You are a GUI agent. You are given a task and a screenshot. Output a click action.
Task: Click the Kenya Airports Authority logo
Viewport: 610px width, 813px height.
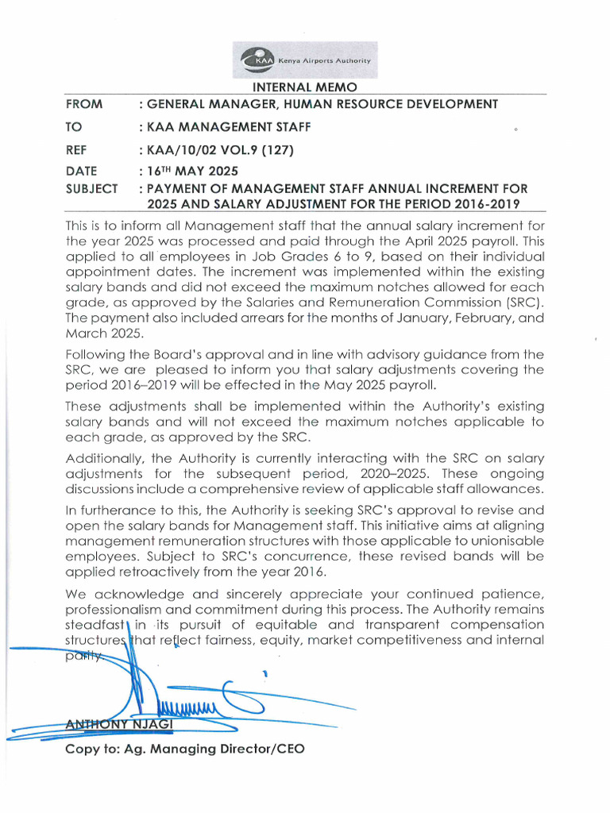pyautogui.click(x=305, y=60)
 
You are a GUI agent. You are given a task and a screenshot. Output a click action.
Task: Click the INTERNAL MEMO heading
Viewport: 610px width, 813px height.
pyautogui.click(x=305, y=87)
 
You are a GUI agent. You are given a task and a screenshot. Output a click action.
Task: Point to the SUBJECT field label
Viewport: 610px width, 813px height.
pyautogui.click(x=93, y=189)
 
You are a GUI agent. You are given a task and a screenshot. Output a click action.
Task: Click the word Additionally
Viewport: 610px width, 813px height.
pyautogui.click(x=102, y=457)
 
